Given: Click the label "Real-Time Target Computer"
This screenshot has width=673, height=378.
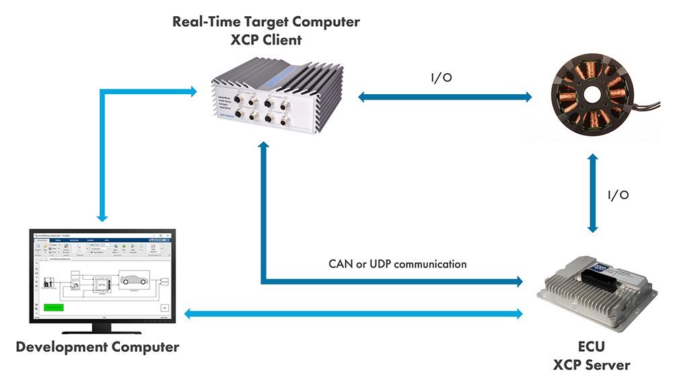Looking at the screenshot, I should point(266,22).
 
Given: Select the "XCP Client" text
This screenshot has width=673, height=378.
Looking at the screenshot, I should point(266,40).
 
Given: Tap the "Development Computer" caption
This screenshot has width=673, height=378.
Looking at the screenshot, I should point(98,348).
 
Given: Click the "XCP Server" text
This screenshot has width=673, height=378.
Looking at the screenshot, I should point(592,365).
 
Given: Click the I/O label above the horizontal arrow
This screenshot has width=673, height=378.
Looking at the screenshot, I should point(441,79).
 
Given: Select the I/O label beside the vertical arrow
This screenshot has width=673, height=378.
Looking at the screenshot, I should point(618,195).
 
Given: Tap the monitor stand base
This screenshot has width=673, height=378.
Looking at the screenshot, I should point(101,329).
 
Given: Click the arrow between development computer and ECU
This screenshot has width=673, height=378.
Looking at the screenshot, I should point(353,313).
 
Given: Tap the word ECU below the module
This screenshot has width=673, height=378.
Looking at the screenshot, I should point(592,348).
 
